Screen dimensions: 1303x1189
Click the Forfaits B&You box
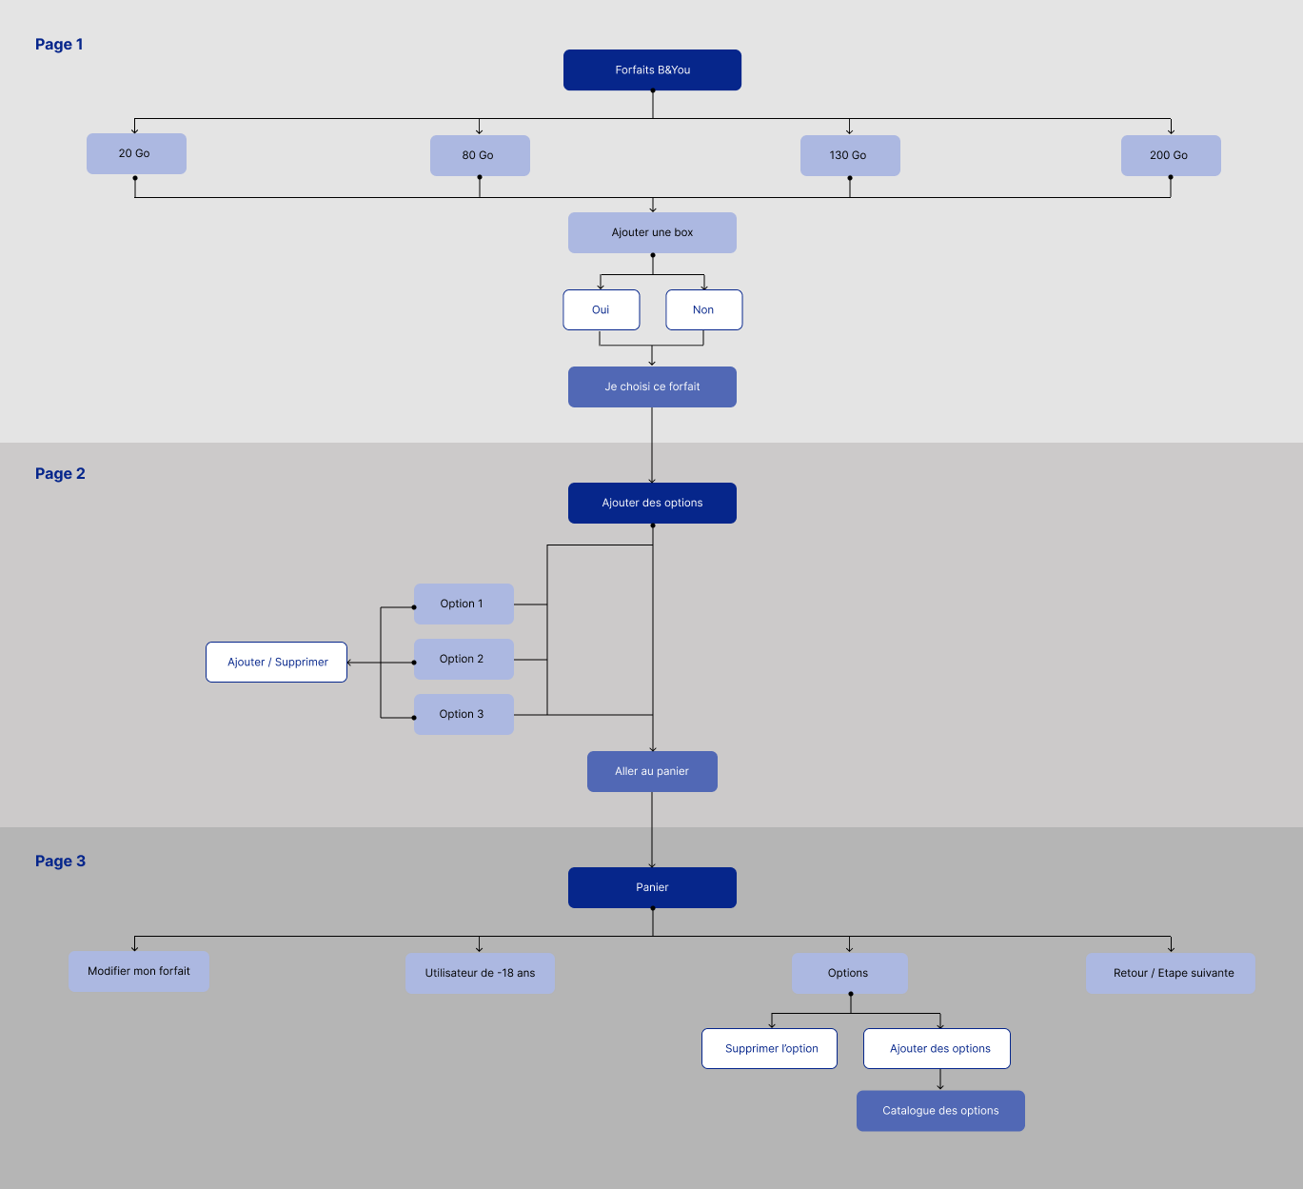(x=652, y=70)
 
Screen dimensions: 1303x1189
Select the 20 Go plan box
(x=136, y=154)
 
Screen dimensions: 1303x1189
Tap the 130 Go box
(x=850, y=155)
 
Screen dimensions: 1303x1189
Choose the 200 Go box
(x=1171, y=155)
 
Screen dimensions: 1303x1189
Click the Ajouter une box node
(x=652, y=232)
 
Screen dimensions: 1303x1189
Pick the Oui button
(x=602, y=310)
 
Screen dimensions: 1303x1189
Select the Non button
(x=704, y=310)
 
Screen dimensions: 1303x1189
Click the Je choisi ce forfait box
(x=652, y=387)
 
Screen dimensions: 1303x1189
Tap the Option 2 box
(x=464, y=660)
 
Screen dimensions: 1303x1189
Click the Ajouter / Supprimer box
(x=277, y=662)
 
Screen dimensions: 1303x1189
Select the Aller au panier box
(x=652, y=772)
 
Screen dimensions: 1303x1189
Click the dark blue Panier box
(x=652, y=887)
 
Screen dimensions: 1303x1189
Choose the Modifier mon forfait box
(x=139, y=971)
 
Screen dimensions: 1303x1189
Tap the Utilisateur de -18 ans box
(x=480, y=973)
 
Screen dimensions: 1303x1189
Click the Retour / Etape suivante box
(x=1171, y=973)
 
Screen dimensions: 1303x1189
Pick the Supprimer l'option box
(x=769, y=1049)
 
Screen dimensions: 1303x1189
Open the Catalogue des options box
(x=940, y=1111)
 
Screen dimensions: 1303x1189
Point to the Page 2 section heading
(x=60, y=474)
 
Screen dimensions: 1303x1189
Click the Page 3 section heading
(x=60, y=861)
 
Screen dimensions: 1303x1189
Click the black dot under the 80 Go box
(x=480, y=177)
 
